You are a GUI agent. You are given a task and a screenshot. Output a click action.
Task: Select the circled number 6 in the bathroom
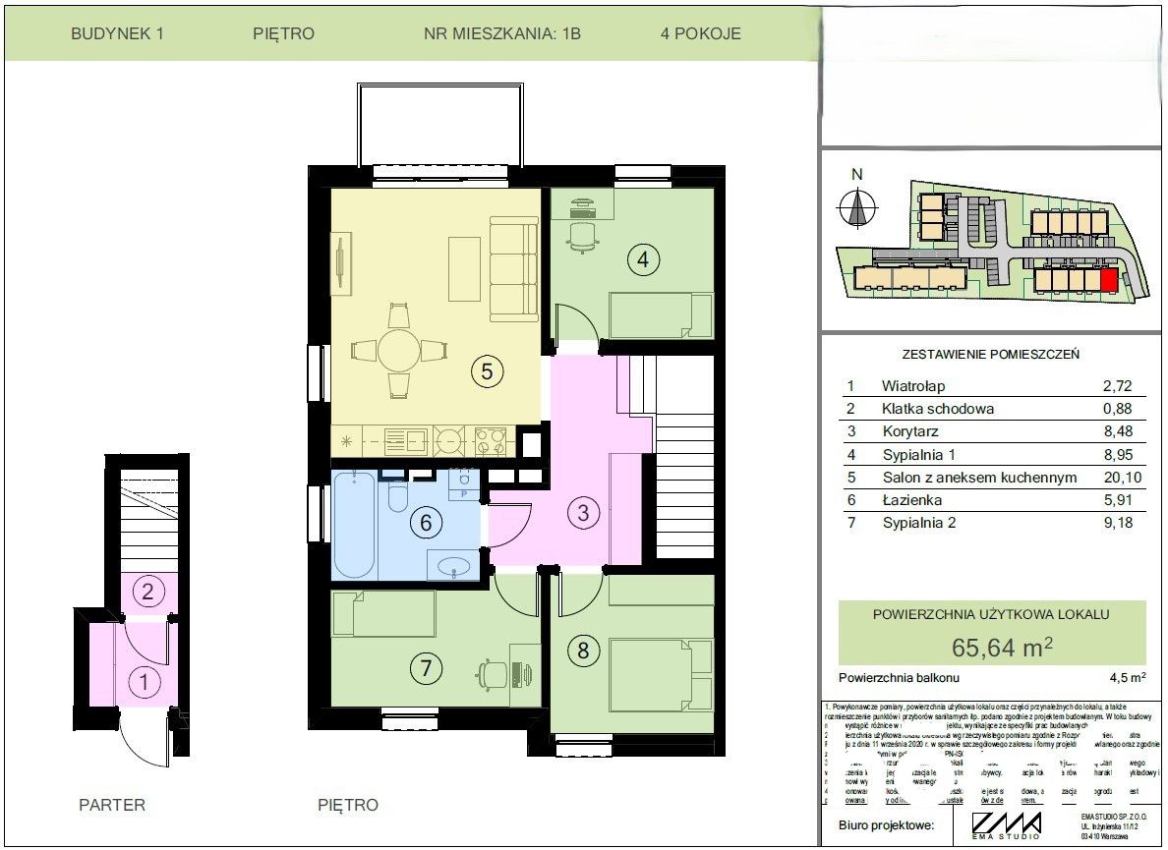click(426, 522)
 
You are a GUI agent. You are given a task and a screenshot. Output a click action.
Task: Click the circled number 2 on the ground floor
click(147, 592)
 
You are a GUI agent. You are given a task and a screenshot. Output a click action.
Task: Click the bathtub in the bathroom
click(353, 526)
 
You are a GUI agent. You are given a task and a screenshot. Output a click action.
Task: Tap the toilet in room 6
click(398, 498)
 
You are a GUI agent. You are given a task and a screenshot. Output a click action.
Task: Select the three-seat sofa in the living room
click(514, 270)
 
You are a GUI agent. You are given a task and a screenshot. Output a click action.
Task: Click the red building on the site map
click(1109, 282)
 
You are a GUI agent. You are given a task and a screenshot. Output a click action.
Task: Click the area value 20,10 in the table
click(1117, 478)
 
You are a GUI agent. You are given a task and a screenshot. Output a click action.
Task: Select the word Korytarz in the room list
click(910, 432)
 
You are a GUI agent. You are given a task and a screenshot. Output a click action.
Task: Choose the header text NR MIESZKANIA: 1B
click(502, 33)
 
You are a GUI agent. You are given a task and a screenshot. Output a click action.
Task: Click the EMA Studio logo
click(1006, 824)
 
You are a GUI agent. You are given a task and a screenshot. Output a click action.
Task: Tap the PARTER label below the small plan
click(112, 806)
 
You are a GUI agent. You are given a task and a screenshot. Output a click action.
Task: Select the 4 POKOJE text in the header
click(701, 33)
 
